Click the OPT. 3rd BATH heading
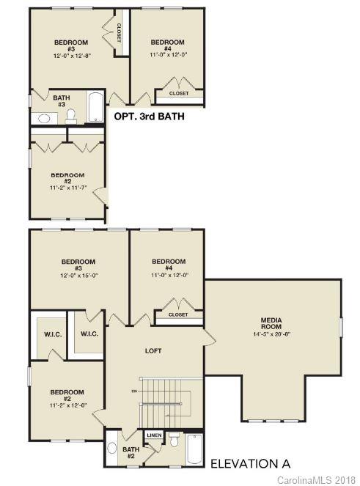click(148, 116)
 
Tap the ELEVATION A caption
click(250, 463)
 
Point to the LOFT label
click(153, 350)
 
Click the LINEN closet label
click(154, 435)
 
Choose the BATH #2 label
click(131, 453)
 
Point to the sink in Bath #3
click(43, 118)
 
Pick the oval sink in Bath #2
click(112, 447)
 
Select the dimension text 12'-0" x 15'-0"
click(78, 275)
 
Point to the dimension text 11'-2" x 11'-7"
click(67, 188)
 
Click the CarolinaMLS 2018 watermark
click(316, 479)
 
